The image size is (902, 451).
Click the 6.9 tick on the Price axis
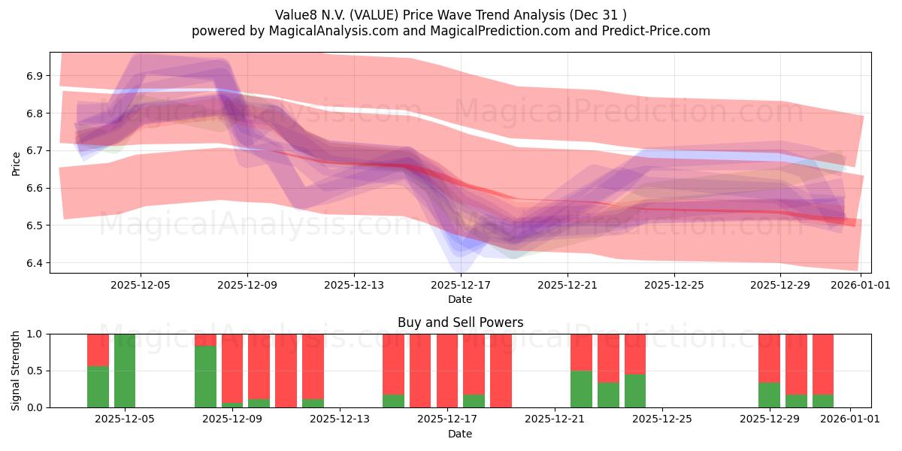coord(35,76)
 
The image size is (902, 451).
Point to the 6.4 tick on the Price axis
coord(35,263)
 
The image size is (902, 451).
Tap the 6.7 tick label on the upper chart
coord(35,150)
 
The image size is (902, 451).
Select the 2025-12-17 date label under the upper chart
coord(460,285)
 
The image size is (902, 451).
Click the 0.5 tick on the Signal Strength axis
coord(35,371)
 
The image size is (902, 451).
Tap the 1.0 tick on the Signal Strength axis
coord(35,334)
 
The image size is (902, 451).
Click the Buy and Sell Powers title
coord(460,322)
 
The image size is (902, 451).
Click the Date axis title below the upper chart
coord(460,299)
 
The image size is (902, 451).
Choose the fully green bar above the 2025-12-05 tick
coord(125,371)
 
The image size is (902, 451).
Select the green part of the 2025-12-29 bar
coord(769,395)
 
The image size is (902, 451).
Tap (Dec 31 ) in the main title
coord(598,14)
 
